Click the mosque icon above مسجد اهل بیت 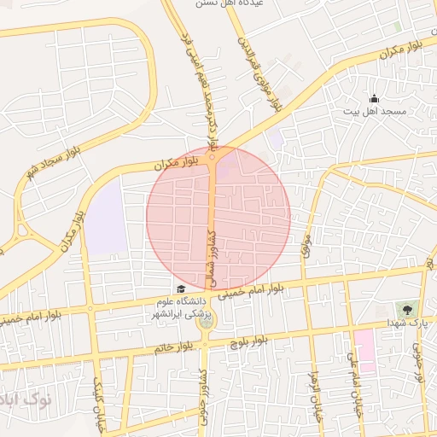[373, 99]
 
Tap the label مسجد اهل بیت [383, 112]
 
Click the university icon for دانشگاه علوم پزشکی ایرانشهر [180, 289]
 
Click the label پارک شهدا [403, 323]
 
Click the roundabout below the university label [205, 319]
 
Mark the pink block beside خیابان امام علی [364, 349]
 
